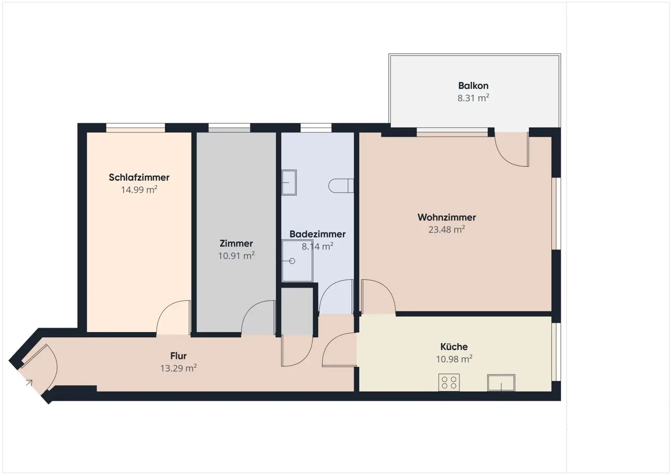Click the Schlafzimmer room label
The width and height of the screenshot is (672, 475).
point(139,177)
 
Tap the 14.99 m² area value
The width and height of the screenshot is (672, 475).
point(139,190)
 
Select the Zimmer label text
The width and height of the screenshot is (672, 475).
point(236,243)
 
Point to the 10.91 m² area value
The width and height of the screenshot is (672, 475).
point(236,256)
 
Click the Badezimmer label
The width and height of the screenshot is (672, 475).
point(317,234)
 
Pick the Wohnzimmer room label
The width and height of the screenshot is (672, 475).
point(446,217)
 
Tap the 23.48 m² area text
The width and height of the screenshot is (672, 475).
point(446,230)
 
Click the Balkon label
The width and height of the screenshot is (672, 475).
point(473,86)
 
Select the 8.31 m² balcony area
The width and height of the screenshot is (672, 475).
point(473,98)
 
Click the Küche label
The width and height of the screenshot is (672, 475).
point(454,347)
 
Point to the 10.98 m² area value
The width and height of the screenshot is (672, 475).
point(454,359)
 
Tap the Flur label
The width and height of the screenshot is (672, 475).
point(179,356)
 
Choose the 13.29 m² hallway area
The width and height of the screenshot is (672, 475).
point(179,368)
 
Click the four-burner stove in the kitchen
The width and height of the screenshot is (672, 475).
point(449,382)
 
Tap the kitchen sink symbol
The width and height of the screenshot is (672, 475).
point(501,383)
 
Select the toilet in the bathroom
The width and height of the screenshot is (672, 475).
point(341,186)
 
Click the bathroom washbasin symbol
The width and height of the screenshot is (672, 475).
point(289,183)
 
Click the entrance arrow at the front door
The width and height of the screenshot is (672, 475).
point(29,383)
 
